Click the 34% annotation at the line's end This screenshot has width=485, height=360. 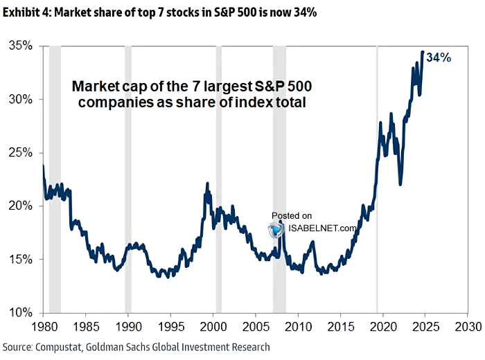click(439, 58)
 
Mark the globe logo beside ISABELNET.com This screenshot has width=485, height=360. click(276, 229)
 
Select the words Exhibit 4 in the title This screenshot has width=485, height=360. click(26, 10)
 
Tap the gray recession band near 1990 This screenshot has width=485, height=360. click(128, 173)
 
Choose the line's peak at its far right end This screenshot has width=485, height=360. click(423, 52)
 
